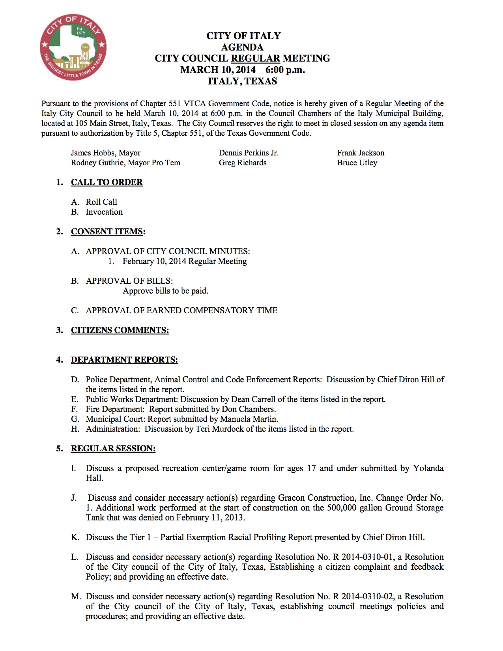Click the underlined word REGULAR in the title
[255, 58]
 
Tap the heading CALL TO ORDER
[107, 182]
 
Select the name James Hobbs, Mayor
[106, 153]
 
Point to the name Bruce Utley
[357, 163]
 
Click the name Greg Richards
[243, 163]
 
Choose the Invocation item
[104, 212]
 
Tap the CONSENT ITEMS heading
[107, 232]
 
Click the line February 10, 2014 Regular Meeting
[185, 261]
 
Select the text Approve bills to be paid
[165, 291]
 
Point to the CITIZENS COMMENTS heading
[120, 330]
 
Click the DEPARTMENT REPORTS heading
[124, 360]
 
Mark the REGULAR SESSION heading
[113, 449]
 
